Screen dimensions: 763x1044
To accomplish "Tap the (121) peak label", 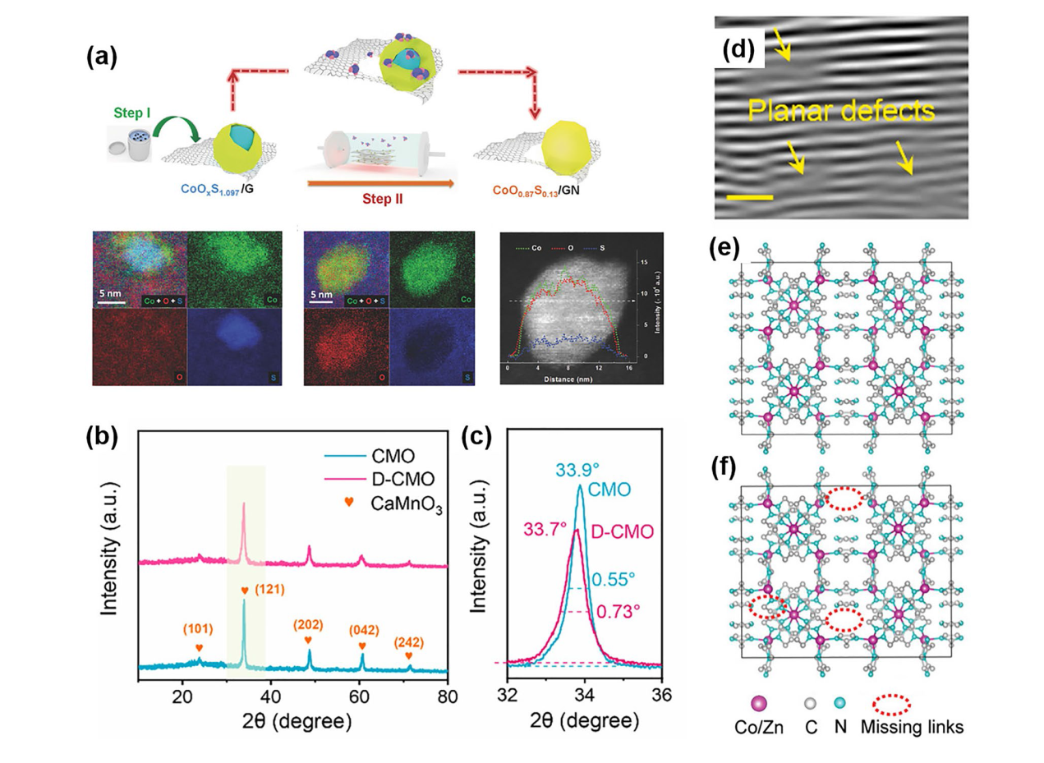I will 267,590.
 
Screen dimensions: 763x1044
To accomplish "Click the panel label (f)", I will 729,470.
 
